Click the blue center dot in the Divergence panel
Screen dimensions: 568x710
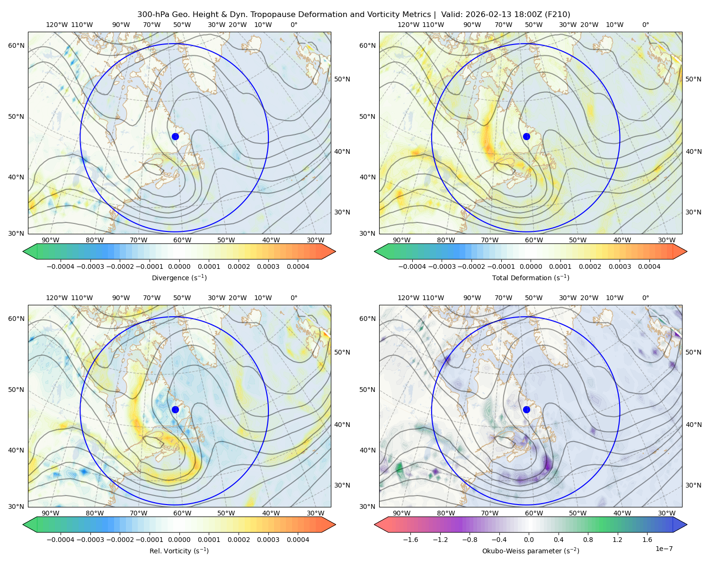(175, 136)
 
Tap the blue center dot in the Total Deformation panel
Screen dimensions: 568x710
(526, 136)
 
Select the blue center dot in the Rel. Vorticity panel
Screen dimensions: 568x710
(175, 409)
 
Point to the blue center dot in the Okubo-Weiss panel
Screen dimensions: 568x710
(526, 409)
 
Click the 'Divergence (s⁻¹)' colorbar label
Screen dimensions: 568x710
(179, 278)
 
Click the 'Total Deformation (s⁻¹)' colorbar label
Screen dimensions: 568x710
(531, 278)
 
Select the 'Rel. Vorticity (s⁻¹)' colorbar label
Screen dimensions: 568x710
(179, 551)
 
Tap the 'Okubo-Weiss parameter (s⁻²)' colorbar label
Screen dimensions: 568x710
(531, 551)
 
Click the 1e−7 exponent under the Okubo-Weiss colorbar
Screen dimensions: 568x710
(664, 549)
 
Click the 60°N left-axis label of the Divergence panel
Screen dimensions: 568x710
(16, 45)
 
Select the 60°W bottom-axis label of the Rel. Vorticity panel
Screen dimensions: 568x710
(182, 513)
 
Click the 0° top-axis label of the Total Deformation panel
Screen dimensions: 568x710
(646, 25)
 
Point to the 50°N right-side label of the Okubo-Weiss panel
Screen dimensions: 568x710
(693, 352)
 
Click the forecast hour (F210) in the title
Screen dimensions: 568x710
(559, 15)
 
